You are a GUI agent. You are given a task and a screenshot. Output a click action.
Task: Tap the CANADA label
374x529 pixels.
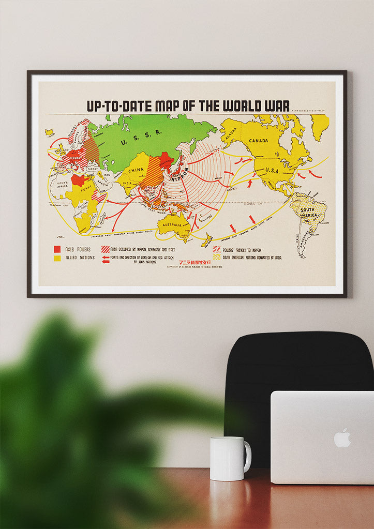[258, 140]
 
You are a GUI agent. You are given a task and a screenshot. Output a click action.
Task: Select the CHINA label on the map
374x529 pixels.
[136, 170]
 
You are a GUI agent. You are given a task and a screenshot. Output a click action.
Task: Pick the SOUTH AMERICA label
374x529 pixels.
[307, 212]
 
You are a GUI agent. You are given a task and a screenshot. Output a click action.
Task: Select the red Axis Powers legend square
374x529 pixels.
[57, 249]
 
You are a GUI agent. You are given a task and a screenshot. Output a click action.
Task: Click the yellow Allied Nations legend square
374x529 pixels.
[57, 258]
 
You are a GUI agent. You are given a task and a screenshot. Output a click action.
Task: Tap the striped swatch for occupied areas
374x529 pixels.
[106, 249]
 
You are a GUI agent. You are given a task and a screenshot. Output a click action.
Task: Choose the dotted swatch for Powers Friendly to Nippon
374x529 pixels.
[216, 249]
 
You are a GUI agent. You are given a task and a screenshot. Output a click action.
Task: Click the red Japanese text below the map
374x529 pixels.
[195, 262]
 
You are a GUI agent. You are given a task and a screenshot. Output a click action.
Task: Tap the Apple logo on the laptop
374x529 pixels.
[342, 437]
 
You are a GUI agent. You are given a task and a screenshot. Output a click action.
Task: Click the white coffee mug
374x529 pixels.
[228, 458]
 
